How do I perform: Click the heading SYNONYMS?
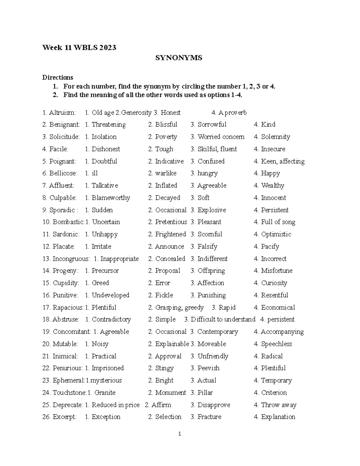(178, 58)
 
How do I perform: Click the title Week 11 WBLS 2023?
(79, 47)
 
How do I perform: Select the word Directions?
(58, 77)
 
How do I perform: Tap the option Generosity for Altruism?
(136, 113)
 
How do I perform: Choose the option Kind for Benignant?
(268, 125)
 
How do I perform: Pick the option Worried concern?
(221, 137)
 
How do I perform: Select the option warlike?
(166, 173)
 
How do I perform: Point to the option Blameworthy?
(110, 198)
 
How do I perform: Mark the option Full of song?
(278, 222)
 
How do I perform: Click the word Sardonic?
(66, 234)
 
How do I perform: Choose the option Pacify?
(270, 247)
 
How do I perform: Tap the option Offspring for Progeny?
(211, 271)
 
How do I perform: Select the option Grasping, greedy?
(179, 308)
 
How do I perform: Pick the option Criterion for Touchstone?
(274, 393)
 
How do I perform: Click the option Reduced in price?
(115, 405)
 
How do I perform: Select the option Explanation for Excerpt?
(278, 417)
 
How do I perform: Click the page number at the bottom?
(179, 434)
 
